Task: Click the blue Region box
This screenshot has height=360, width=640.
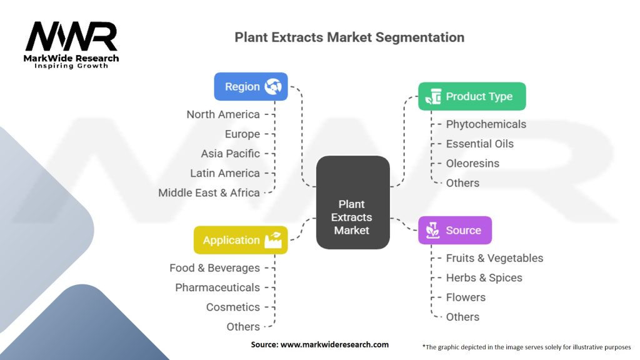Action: pyautogui.click(x=251, y=86)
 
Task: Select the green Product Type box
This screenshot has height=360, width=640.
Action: pyautogui.click(x=472, y=96)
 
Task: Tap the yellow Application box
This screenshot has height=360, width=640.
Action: pyautogui.click(x=241, y=240)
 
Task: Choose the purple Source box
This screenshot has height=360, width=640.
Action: pyautogui.click(x=455, y=230)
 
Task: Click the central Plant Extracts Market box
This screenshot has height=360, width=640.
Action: pyautogui.click(x=352, y=202)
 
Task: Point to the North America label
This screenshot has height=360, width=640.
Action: pyautogui.click(x=223, y=114)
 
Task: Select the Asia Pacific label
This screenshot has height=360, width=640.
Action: pyautogui.click(x=230, y=154)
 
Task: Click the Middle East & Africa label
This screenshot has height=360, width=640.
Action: pyautogui.click(x=209, y=192)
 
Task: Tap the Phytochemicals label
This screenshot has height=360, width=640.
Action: pyautogui.click(x=486, y=124)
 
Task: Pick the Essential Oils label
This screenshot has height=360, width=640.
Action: pyautogui.click(x=479, y=144)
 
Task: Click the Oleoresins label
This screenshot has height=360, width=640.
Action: pyautogui.click(x=472, y=163)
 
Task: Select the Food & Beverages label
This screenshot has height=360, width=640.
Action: pyautogui.click(x=215, y=267)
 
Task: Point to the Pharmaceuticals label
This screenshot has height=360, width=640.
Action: pyautogui.click(x=217, y=287)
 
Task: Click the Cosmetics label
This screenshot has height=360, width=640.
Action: pyautogui.click(x=232, y=307)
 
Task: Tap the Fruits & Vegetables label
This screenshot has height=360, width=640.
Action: pyautogui.click(x=494, y=258)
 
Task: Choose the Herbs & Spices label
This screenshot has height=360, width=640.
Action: pyautogui.click(x=484, y=277)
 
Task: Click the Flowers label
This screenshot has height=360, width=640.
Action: pyautogui.click(x=466, y=297)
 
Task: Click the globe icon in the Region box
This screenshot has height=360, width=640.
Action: pyautogui.click(x=272, y=86)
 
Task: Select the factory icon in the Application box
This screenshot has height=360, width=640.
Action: pyautogui.click(x=273, y=240)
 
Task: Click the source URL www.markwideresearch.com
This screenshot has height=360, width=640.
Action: pyautogui.click(x=334, y=344)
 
